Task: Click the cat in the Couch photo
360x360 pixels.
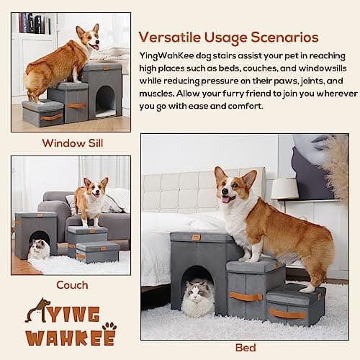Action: pos(40,248)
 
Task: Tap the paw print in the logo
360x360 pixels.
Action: pos(109,328)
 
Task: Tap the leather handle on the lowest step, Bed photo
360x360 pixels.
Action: pos(287,313)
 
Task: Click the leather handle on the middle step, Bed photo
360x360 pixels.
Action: pos(246,296)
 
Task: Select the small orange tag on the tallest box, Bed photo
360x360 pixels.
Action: pos(196,237)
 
